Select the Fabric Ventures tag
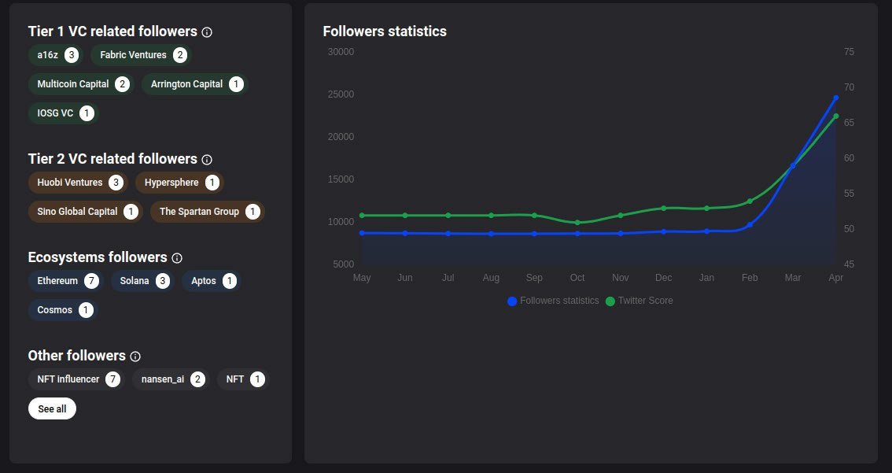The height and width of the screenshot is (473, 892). click(x=141, y=55)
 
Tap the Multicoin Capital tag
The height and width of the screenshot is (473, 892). click(x=81, y=84)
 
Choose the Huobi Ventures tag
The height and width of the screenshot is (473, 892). click(x=77, y=183)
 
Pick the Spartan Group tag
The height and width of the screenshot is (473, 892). click(x=208, y=212)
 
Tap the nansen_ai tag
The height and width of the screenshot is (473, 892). click(x=170, y=379)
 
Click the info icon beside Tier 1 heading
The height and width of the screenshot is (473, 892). click(x=207, y=32)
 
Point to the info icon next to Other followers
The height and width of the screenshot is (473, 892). click(x=135, y=357)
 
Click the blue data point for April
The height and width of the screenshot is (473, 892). click(x=836, y=98)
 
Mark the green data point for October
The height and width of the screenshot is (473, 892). click(x=577, y=223)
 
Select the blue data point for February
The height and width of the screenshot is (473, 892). click(x=750, y=224)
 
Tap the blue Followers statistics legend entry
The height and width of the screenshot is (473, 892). click(x=554, y=301)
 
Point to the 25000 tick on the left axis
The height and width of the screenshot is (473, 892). click(x=342, y=94)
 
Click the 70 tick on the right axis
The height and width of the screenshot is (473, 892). click(x=849, y=87)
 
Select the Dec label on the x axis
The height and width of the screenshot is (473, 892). click(x=663, y=278)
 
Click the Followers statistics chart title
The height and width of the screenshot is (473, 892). click(x=385, y=31)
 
